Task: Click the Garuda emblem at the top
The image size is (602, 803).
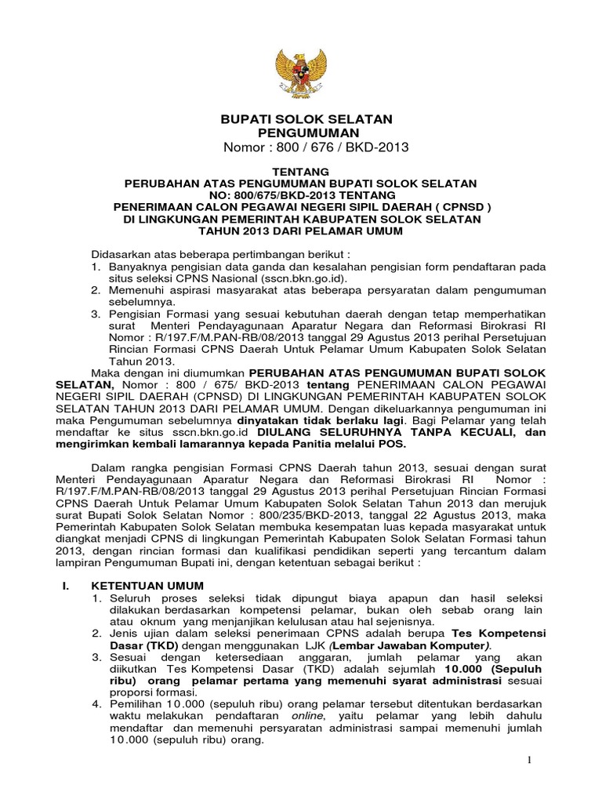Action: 300,70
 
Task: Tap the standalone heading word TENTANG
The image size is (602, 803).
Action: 300,171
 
